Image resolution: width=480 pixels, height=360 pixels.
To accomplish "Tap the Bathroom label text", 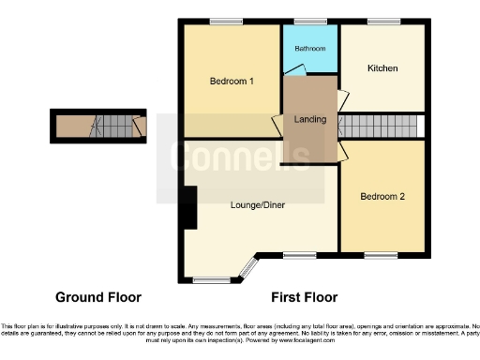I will pyautogui.click(x=309, y=48).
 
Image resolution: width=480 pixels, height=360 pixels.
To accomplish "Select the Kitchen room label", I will pyautogui.click(x=382, y=68).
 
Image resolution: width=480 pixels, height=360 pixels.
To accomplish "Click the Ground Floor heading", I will pyautogui.click(x=98, y=297).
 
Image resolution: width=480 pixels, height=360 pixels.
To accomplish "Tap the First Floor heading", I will pyautogui.click(x=304, y=297).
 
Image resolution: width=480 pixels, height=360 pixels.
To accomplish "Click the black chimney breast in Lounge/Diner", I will pyautogui.click(x=190, y=207).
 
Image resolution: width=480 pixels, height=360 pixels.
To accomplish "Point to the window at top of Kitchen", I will pyautogui.click(x=383, y=22).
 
